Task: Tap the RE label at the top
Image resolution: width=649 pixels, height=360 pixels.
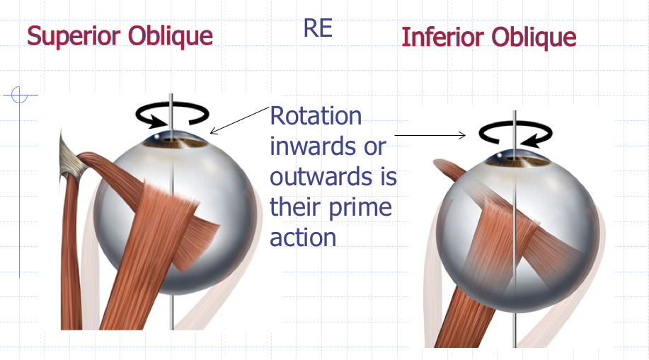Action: pos(318,29)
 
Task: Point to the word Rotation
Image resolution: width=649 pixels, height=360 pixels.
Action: pos(316,116)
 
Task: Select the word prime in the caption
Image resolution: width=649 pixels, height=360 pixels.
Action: pos(360,208)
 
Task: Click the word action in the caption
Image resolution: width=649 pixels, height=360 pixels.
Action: pos(303,238)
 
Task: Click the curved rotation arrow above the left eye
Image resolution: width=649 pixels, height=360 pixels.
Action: pos(173,114)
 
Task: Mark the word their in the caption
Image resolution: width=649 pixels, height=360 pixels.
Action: pos(297,208)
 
